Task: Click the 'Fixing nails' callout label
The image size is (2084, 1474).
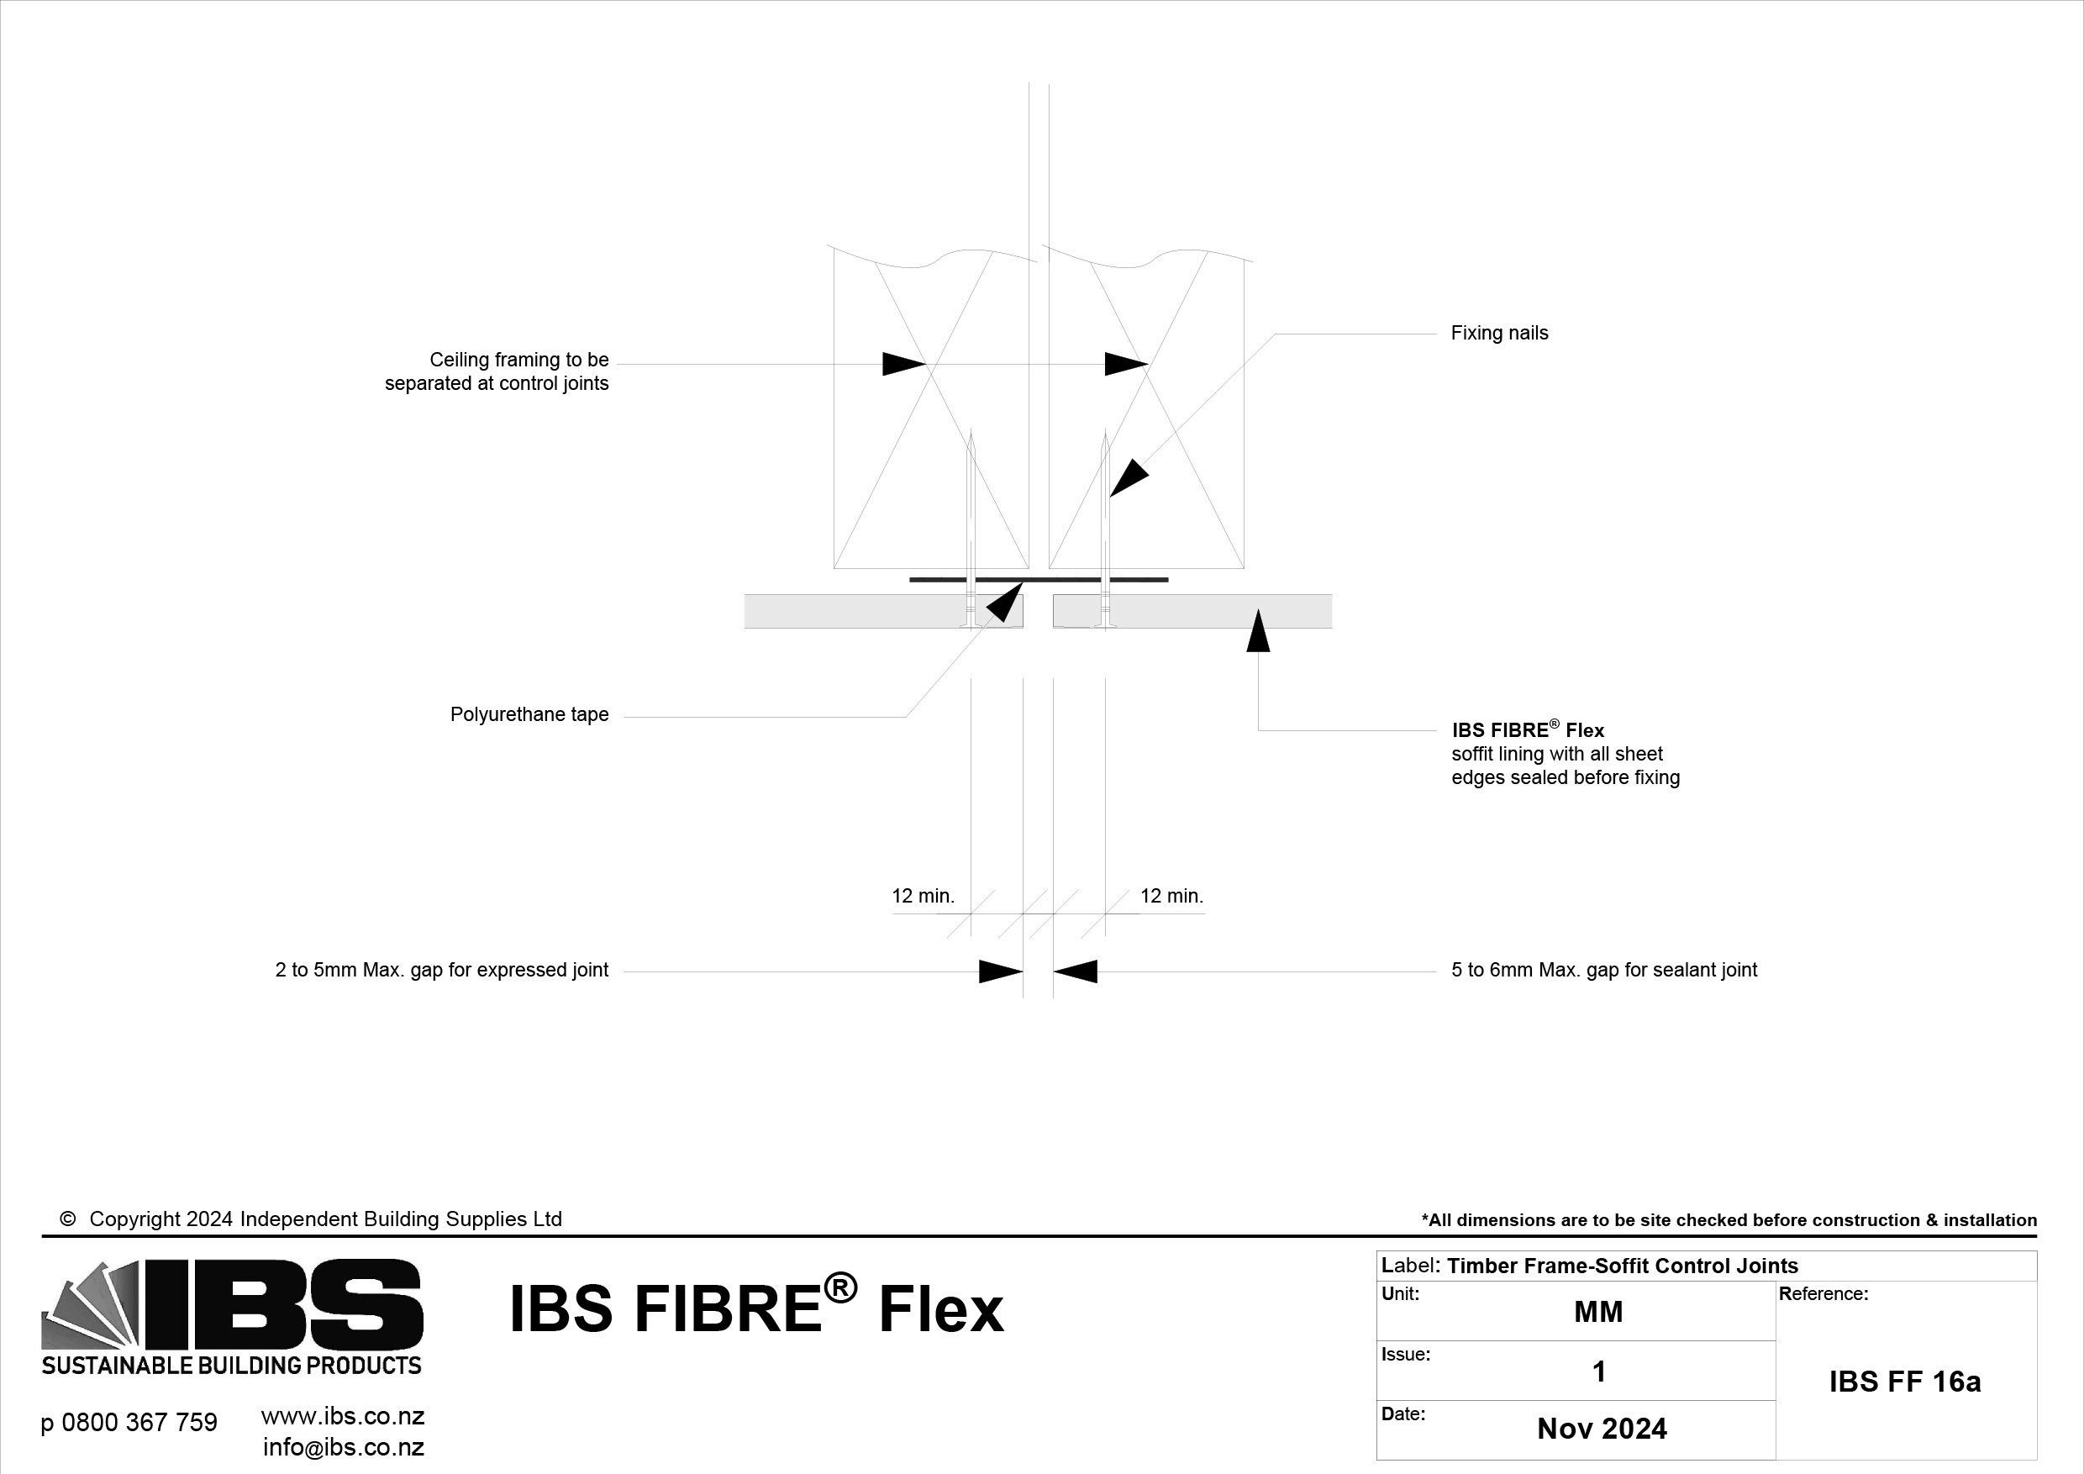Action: pyautogui.click(x=1498, y=333)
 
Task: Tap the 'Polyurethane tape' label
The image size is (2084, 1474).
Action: pyautogui.click(x=529, y=715)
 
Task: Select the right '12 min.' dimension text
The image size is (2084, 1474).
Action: pyautogui.click(x=1171, y=897)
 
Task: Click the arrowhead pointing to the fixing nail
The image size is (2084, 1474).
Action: pyautogui.click(x=1128, y=479)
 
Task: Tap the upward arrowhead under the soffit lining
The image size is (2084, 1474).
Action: pyautogui.click(x=1257, y=632)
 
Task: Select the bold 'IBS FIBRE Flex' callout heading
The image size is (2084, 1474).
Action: pyautogui.click(x=1528, y=730)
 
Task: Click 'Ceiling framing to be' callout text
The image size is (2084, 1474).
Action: pyautogui.click(x=518, y=361)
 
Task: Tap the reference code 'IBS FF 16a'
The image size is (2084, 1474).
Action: pyautogui.click(x=1904, y=1382)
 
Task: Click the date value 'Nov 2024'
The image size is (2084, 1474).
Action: pyautogui.click(x=1601, y=1429)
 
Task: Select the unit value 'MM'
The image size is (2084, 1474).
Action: pyautogui.click(x=1597, y=1313)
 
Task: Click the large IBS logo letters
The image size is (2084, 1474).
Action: pyautogui.click(x=282, y=1305)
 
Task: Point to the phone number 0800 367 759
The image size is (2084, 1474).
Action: pyautogui.click(x=129, y=1422)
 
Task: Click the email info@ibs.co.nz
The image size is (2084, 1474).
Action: pyautogui.click(x=343, y=1447)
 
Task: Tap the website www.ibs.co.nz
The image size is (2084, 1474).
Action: pyautogui.click(x=342, y=1417)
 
